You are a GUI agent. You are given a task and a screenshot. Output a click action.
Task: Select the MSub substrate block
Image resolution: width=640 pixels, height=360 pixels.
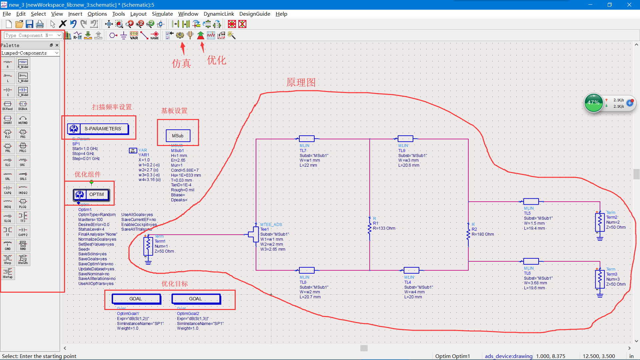[x=178, y=136]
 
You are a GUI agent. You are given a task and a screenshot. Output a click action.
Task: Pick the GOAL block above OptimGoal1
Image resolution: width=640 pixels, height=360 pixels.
[x=136, y=299]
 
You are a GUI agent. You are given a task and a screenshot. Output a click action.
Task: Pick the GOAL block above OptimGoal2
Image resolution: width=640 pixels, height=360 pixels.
[x=196, y=299]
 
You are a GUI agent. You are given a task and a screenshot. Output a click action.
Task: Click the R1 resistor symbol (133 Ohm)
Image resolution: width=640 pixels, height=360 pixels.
[x=369, y=228]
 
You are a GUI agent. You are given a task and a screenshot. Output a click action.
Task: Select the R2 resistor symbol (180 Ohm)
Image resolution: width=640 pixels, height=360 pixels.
[x=468, y=234]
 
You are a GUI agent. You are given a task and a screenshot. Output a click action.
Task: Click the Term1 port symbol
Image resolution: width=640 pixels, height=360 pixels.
[x=148, y=246]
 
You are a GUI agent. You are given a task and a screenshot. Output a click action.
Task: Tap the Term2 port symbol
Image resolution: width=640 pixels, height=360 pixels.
[x=600, y=222]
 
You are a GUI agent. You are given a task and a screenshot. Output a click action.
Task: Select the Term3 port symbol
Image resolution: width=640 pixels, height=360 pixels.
[x=600, y=279]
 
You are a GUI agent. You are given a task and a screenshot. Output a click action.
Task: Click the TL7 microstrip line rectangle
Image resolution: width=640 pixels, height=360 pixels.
[x=307, y=139]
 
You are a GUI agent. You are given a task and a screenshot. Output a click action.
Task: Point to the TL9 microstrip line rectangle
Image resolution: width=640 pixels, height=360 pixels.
[x=405, y=139]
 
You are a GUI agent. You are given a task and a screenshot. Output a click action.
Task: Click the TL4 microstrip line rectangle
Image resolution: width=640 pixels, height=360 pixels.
[x=411, y=270]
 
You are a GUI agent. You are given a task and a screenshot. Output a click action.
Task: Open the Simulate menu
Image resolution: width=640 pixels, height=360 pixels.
[x=162, y=14]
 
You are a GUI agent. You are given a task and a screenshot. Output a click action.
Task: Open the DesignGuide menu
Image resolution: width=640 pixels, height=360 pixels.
[x=255, y=14]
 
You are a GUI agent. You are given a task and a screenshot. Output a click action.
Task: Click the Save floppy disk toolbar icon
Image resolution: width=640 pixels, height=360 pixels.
[x=29, y=24]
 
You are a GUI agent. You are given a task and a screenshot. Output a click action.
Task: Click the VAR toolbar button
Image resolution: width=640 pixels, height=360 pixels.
[x=134, y=35]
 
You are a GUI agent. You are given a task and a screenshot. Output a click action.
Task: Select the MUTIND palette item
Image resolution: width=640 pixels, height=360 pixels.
[x=23, y=120]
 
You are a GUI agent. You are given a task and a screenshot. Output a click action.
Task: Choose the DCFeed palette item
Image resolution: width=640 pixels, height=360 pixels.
[x=8, y=106]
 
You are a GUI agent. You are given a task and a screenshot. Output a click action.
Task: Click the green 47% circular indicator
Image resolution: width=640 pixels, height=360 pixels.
[x=593, y=103]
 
